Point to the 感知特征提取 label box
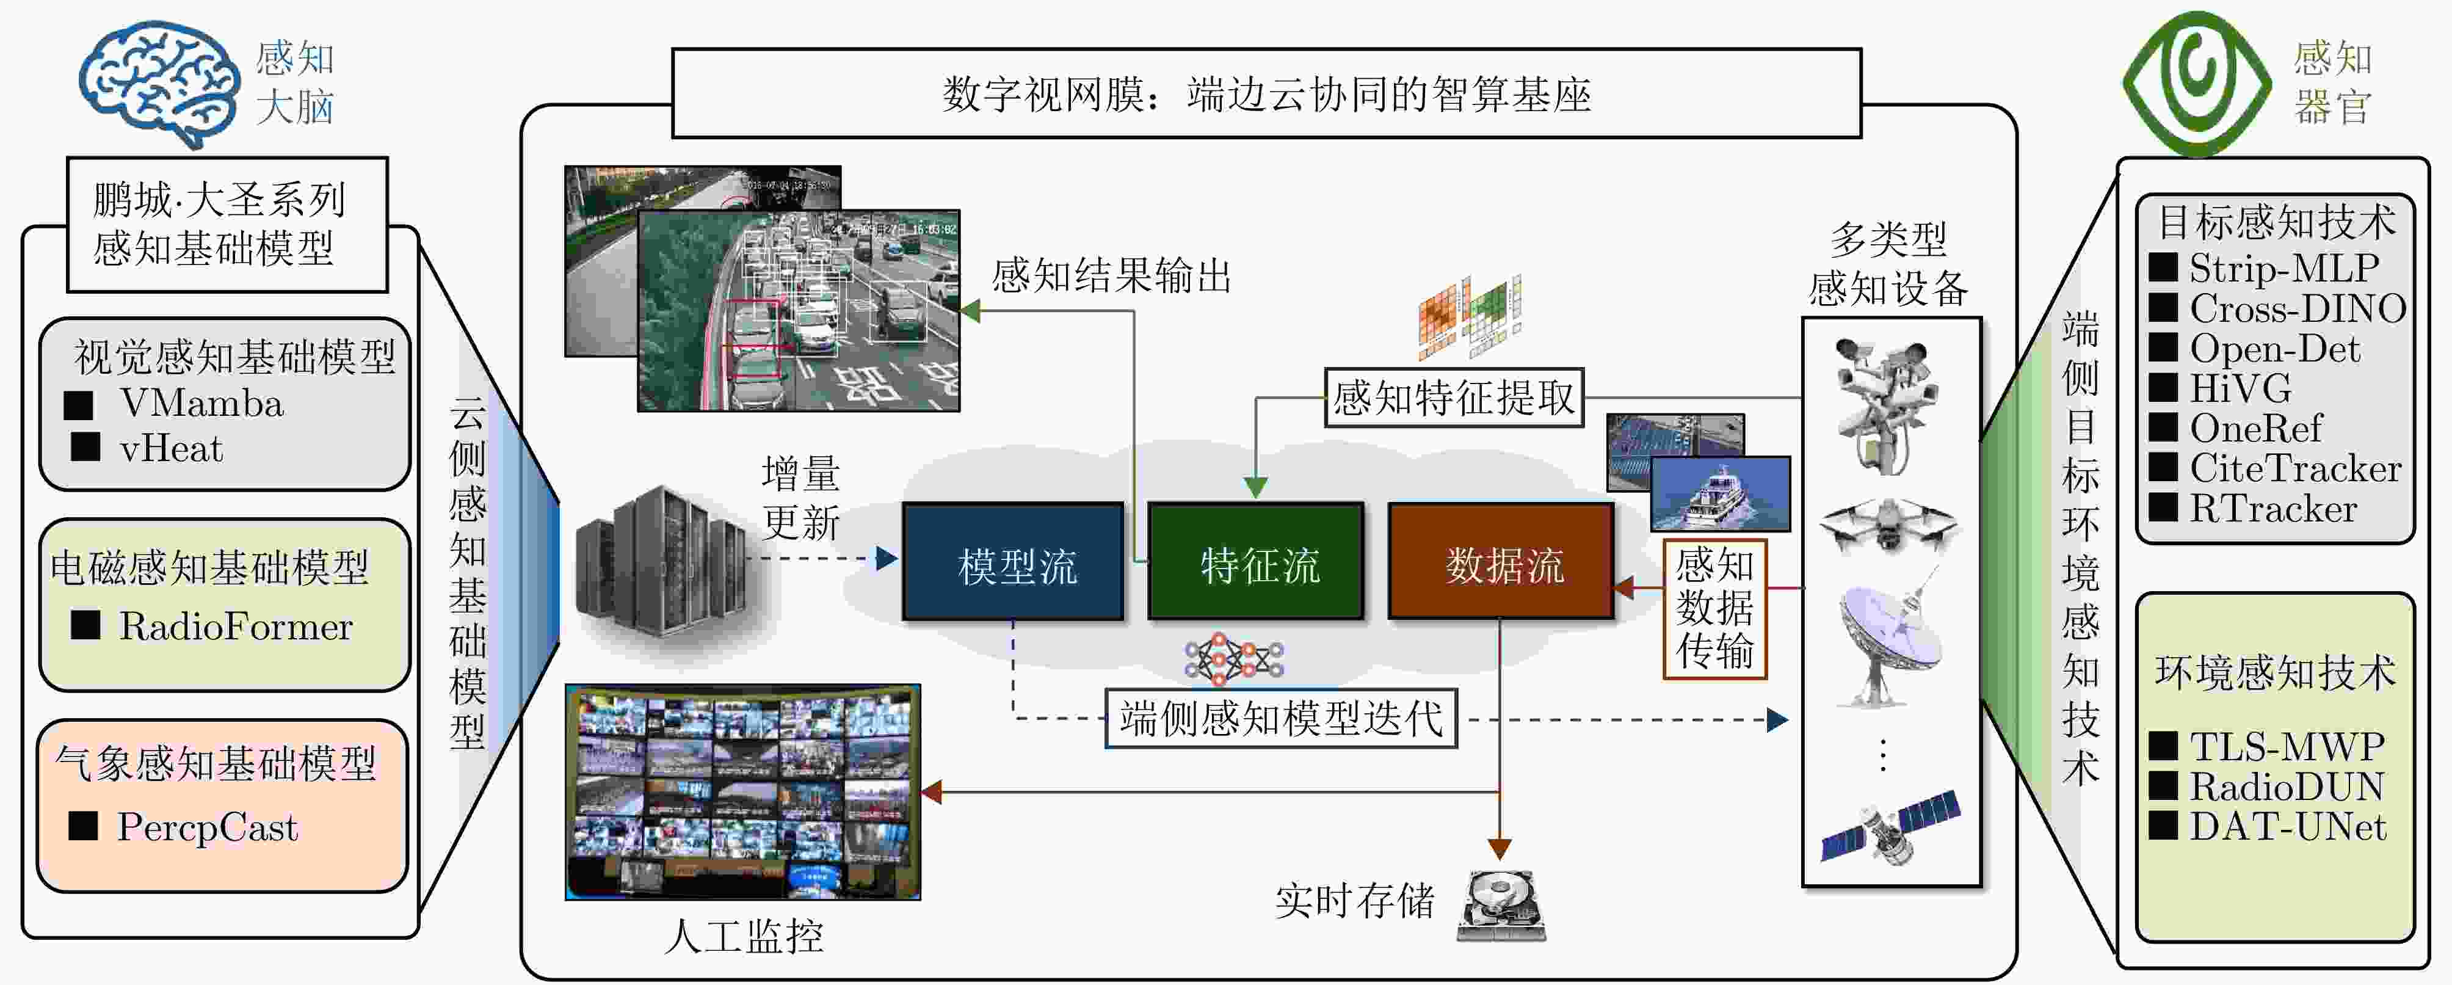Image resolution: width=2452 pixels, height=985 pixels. point(1454,398)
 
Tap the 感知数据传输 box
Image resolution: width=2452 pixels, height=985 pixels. point(1714,609)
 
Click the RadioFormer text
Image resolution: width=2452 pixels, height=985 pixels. point(235,626)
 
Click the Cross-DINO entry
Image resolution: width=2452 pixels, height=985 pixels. point(2296,308)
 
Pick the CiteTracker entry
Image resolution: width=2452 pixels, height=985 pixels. point(2294,468)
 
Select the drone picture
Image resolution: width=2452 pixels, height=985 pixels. point(1888,523)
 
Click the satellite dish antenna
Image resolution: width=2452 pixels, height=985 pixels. point(1888,642)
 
